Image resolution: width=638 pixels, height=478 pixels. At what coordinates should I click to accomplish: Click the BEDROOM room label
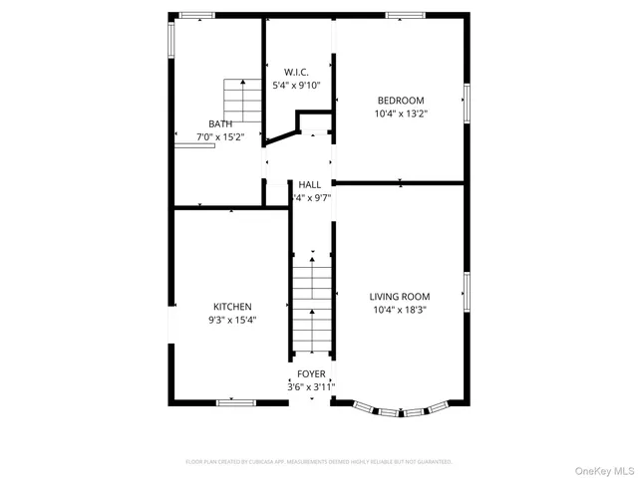[400, 101]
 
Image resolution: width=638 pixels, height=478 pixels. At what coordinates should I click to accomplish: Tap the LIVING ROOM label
[399, 297]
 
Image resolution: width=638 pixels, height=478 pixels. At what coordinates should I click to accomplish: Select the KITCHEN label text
[232, 307]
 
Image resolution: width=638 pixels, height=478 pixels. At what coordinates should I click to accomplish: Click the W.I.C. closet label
[296, 73]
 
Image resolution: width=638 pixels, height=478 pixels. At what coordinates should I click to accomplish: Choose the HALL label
[309, 185]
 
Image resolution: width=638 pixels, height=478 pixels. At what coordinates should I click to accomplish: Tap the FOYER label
[311, 373]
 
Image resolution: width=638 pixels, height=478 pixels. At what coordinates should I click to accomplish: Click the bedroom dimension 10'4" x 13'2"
[400, 114]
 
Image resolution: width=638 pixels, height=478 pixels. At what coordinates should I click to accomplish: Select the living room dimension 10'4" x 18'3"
[399, 310]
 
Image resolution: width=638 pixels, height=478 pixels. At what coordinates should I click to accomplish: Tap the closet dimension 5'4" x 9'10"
[296, 86]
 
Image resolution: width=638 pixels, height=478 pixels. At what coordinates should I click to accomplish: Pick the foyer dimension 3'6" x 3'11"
[311, 386]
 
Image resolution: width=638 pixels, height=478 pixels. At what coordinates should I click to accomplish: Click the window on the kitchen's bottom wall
[236, 402]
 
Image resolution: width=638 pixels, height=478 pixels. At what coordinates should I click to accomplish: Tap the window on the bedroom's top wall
[406, 15]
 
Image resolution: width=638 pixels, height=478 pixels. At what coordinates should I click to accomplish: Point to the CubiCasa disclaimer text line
[319, 462]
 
